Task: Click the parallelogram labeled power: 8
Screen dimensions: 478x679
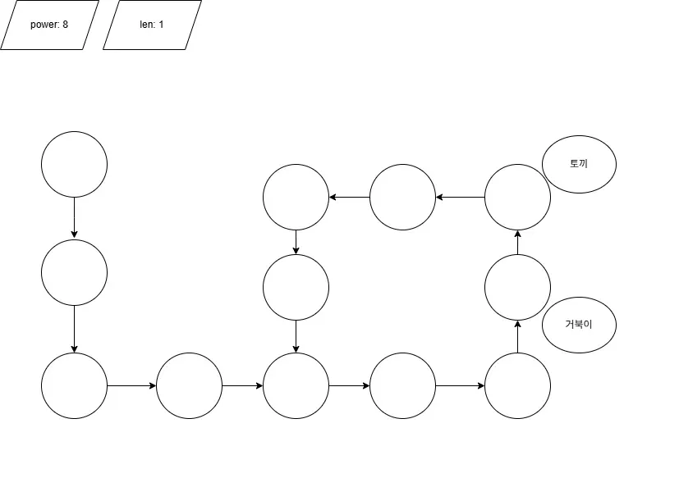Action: click(49, 25)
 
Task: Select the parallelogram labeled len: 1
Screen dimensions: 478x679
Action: click(152, 25)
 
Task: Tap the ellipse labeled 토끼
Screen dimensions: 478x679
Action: click(579, 164)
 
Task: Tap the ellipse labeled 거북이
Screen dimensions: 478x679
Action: click(579, 324)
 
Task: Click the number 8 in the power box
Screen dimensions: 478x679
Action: click(65, 25)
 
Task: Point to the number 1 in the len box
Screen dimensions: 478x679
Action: click(161, 25)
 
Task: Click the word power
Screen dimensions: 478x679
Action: click(44, 25)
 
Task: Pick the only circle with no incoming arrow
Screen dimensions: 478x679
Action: click(74, 164)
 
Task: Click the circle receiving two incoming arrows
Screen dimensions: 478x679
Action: click(296, 385)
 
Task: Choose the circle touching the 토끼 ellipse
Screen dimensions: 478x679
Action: click(517, 197)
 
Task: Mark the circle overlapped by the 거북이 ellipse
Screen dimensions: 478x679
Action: click(517, 287)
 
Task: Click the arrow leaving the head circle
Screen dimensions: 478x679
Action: click(74, 217)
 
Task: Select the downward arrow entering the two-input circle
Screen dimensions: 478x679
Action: click(296, 336)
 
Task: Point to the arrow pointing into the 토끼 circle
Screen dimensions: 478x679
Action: click(517, 243)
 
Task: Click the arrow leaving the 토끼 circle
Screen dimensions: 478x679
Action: click(460, 197)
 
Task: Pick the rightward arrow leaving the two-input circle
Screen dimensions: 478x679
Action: click(349, 385)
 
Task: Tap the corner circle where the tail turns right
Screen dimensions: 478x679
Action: click(74, 385)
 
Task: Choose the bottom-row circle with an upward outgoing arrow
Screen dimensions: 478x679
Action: click(517, 385)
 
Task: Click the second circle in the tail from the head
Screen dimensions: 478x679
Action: click(74, 272)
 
